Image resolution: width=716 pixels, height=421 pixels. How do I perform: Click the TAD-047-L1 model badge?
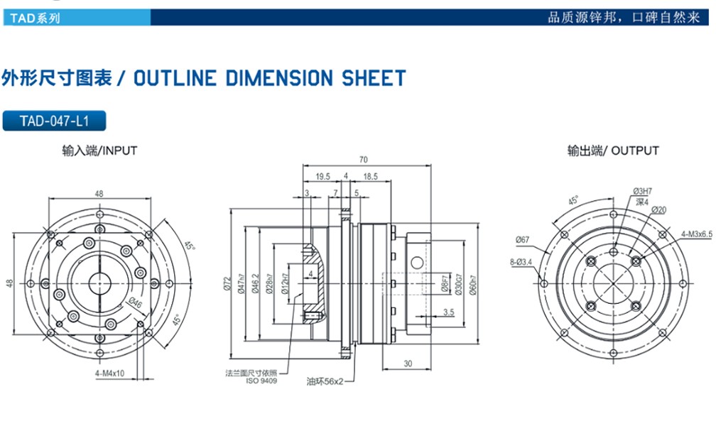tap(55, 121)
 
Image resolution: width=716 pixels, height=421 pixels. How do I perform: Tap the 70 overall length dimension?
tap(364, 159)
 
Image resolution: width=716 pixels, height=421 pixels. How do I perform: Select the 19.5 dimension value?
tap(322, 176)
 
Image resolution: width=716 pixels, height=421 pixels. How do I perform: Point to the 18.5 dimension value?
tap(370, 176)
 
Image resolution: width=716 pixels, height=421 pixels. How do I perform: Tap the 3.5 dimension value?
tap(448, 312)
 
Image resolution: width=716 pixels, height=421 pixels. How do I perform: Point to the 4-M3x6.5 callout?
tap(696, 233)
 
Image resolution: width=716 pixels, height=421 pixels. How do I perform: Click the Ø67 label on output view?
tap(524, 239)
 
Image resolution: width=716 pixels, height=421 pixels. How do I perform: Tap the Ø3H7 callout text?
tap(643, 191)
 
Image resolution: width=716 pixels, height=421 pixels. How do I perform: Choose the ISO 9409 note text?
tap(262, 381)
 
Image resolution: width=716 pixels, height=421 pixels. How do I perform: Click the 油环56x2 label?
tap(325, 381)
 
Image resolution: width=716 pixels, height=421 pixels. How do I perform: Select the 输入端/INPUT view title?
tap(99, 151)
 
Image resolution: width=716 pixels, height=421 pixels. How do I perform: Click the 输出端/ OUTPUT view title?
tap(613, 151)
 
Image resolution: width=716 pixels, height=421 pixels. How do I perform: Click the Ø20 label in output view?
tap(658, 210)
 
